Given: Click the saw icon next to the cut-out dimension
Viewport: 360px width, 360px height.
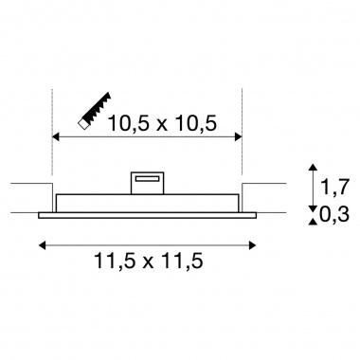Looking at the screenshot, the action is (x=95, y=110).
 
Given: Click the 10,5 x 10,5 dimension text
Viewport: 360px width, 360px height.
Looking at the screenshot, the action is (x=162, y=123).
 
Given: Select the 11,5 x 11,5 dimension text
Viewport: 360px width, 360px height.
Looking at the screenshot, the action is (x=149, y=261).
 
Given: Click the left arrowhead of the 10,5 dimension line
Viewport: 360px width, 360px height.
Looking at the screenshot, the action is (x=56, y=136).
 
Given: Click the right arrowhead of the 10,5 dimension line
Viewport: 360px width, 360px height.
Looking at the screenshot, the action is (x=239, y=136).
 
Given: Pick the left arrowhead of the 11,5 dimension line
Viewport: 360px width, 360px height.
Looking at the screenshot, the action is (x=42, y=245).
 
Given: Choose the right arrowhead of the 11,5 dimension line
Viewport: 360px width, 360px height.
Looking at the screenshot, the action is (x=252, y=245).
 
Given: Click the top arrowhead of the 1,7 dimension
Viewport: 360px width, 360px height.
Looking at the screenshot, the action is (x=313, y=168).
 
